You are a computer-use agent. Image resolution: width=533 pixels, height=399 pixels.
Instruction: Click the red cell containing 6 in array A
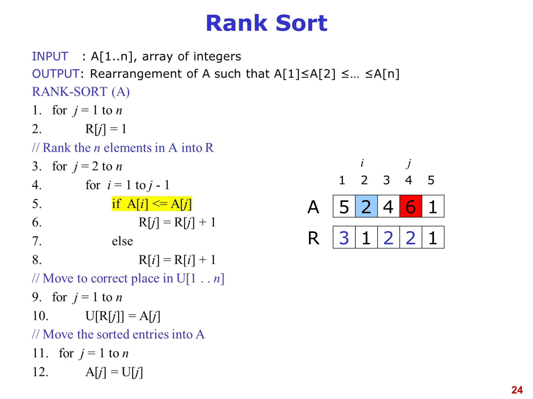[x=410, y=206]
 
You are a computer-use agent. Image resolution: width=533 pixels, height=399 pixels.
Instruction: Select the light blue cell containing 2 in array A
[x=366, y=206]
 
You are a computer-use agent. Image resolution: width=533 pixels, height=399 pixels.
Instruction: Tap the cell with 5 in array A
[x=344, y=206]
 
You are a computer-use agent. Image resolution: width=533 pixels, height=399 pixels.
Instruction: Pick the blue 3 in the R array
[x=344, y=237]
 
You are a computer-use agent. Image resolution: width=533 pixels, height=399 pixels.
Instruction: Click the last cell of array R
[x=433, y=237]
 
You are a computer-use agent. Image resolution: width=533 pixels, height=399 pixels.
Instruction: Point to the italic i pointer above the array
[x=362, y=163]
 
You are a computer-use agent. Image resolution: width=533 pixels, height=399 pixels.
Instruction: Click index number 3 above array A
[x=386, y=180]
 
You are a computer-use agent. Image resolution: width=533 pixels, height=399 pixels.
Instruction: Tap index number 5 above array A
[x=431, y=180]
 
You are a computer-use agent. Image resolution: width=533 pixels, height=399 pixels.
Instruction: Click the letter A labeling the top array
[x=313, y=207]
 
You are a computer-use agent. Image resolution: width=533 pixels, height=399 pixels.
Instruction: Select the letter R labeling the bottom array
[x=314, y=238]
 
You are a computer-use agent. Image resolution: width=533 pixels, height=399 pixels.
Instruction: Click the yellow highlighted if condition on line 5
[x=152, y=204]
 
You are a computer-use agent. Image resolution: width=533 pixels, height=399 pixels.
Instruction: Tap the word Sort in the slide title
[x=301, y=23]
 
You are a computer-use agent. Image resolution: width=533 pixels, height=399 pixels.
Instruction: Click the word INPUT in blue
[x=50, y=56]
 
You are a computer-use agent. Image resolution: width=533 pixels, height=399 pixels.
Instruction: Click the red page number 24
[x=517, y=390]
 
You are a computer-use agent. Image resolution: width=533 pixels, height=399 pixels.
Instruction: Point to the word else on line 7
[x=122, y=241]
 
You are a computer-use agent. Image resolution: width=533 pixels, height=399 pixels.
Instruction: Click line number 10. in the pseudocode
[x=40, y=316]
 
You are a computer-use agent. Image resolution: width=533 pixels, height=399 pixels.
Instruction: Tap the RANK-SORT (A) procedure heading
[x=81, y=92]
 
